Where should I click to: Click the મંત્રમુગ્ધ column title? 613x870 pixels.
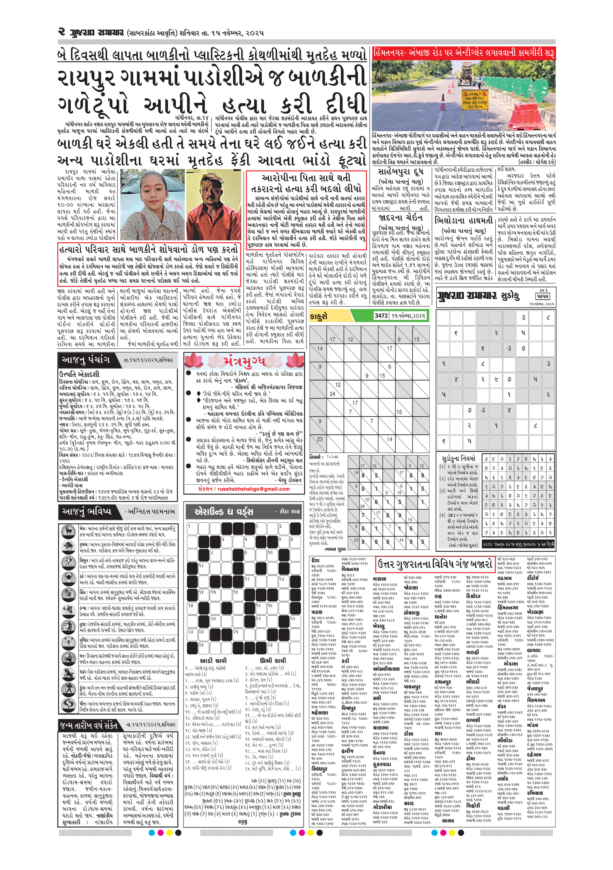tap(244, 361)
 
